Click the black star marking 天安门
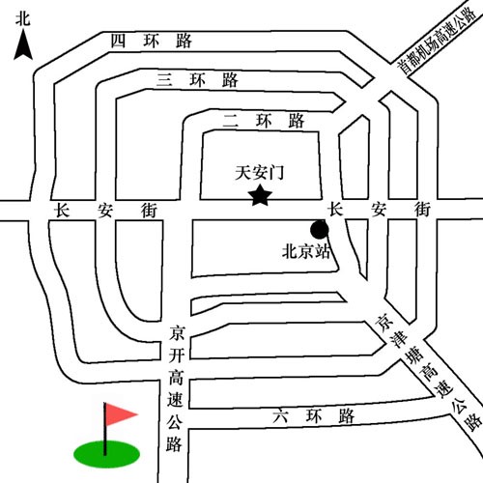[260, 195]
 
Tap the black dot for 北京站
[320, 230]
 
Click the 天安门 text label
[260, 173]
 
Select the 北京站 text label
[306, 251]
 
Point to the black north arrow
[23, 44]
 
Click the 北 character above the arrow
[23, 18]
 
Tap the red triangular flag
[121, 414]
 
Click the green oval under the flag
[106, 454]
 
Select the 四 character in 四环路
[118, 41]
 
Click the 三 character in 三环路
[164, 80]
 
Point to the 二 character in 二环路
[231, 122]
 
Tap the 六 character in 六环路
[280, 416]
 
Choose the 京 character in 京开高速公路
[177, 333]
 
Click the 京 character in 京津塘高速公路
[385, 323]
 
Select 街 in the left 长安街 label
[149, 211]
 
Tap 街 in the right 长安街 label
[422, 210]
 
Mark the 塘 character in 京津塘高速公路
[415, 355]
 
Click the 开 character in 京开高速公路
[177, 355]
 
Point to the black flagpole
[105, 429]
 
